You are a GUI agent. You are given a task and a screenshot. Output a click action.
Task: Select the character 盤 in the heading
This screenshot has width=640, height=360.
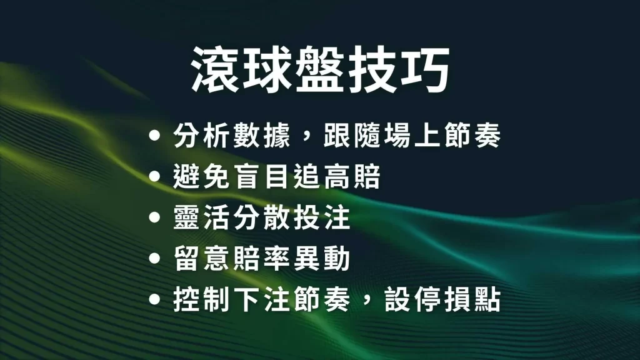[x=319, y=69]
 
